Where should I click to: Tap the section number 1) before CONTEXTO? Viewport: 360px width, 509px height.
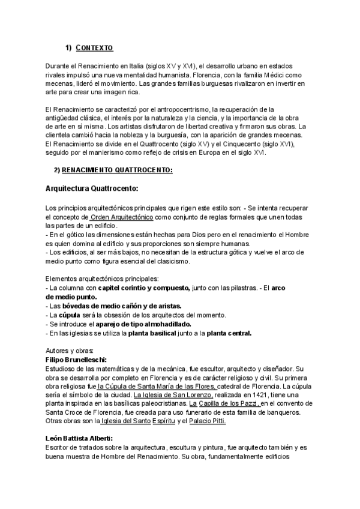pos(68,48)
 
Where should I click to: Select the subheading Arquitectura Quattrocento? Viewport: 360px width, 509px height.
pos(92,188)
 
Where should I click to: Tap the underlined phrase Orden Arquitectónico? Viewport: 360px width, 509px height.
pos(122,216)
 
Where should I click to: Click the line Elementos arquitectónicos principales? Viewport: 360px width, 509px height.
pos(102,279)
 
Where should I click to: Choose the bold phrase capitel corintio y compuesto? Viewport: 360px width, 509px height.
pos(144,288)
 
